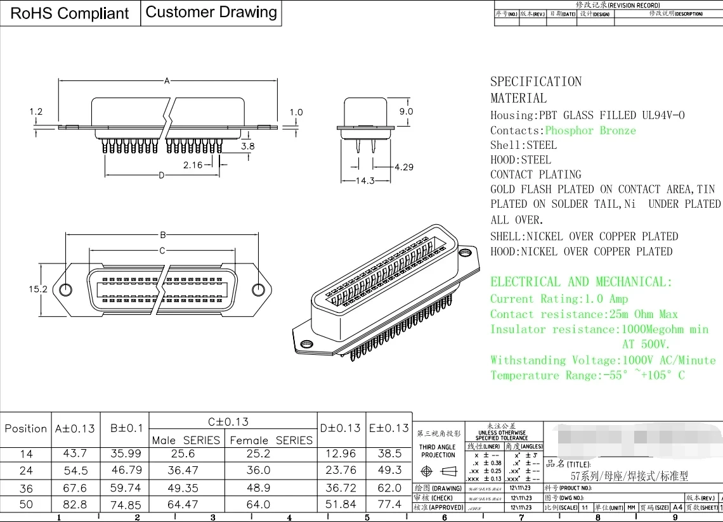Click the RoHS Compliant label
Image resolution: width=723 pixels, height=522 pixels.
coord(70,13)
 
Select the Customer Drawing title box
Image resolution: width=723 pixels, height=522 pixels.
coord(211,12)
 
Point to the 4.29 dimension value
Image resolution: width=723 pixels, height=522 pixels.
coord(403,167)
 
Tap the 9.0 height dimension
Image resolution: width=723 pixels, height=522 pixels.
coord(406,111)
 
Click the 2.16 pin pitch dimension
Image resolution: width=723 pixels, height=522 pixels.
coord(192,165)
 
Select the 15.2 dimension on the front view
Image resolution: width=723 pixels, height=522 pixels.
coord(38,289)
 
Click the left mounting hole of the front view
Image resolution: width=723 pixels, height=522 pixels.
coord(66,290)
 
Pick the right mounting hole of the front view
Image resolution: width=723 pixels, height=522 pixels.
coord(258,290)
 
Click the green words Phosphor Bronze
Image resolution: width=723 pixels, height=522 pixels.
coord(590,130)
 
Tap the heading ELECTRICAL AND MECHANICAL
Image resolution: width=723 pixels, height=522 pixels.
coord(581,282)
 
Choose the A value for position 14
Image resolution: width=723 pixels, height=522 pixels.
coord(75,454)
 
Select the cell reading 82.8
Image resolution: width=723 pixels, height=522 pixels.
coord(75,504)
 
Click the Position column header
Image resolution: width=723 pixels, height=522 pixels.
coord(26,429)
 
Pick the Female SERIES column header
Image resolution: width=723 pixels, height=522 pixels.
coord(271,440)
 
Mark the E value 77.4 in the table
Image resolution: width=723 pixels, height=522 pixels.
coord(389,504)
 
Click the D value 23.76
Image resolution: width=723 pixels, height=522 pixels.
coord(341,470)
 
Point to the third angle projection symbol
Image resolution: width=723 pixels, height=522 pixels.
coord(438,472)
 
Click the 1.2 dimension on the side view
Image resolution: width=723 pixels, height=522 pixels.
coord(36,112)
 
